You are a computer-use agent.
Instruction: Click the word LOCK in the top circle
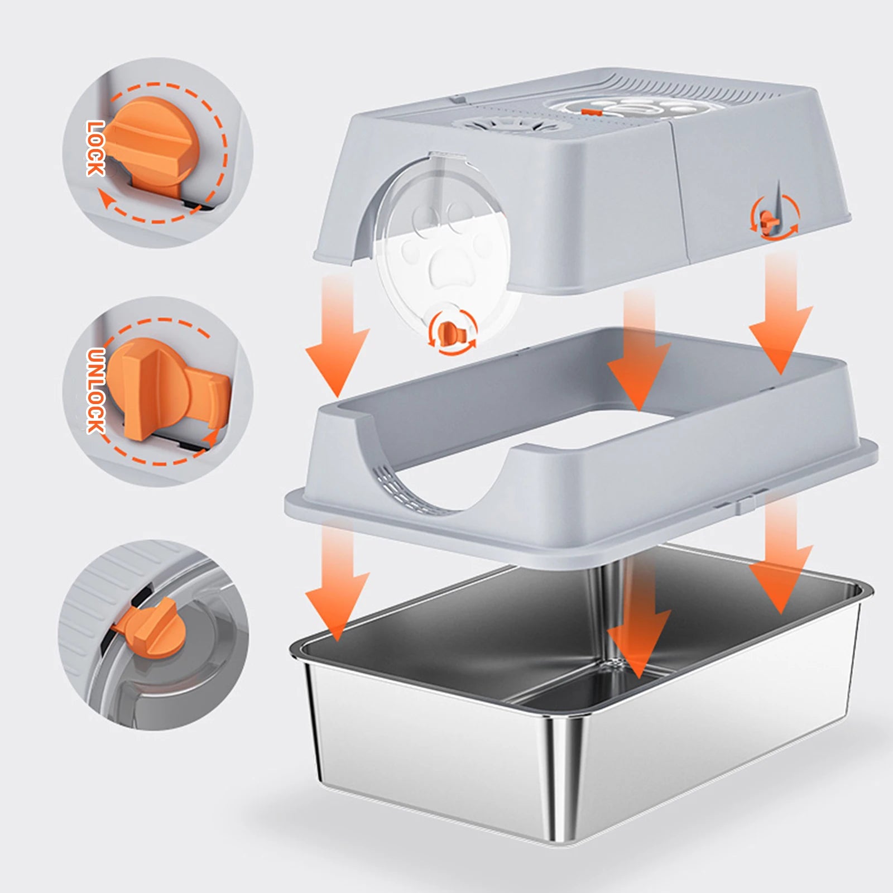point(95,148)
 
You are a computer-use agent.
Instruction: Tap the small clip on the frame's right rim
point(742,502)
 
